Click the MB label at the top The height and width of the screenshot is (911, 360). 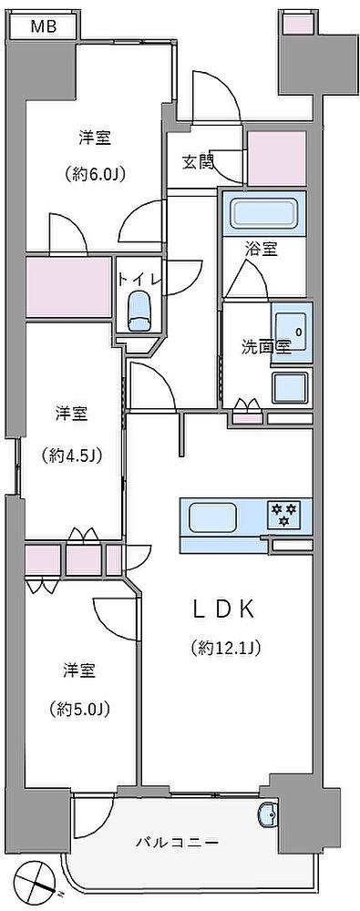click(x=44, y=26)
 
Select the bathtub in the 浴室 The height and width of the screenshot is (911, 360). click(x=264, y=214)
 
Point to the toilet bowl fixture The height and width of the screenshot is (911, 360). click(x=139, y=312)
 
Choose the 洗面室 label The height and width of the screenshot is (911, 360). click(x=266, y=347)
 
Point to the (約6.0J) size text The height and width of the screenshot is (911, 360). click(x=96, y=174)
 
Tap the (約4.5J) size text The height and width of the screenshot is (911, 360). click(x=72, y=455)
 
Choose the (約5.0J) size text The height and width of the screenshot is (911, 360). click(x=80, y=709)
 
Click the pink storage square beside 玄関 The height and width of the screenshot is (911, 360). click(x=277, y=159)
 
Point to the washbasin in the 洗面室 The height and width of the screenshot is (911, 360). click(x=292, y=333)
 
